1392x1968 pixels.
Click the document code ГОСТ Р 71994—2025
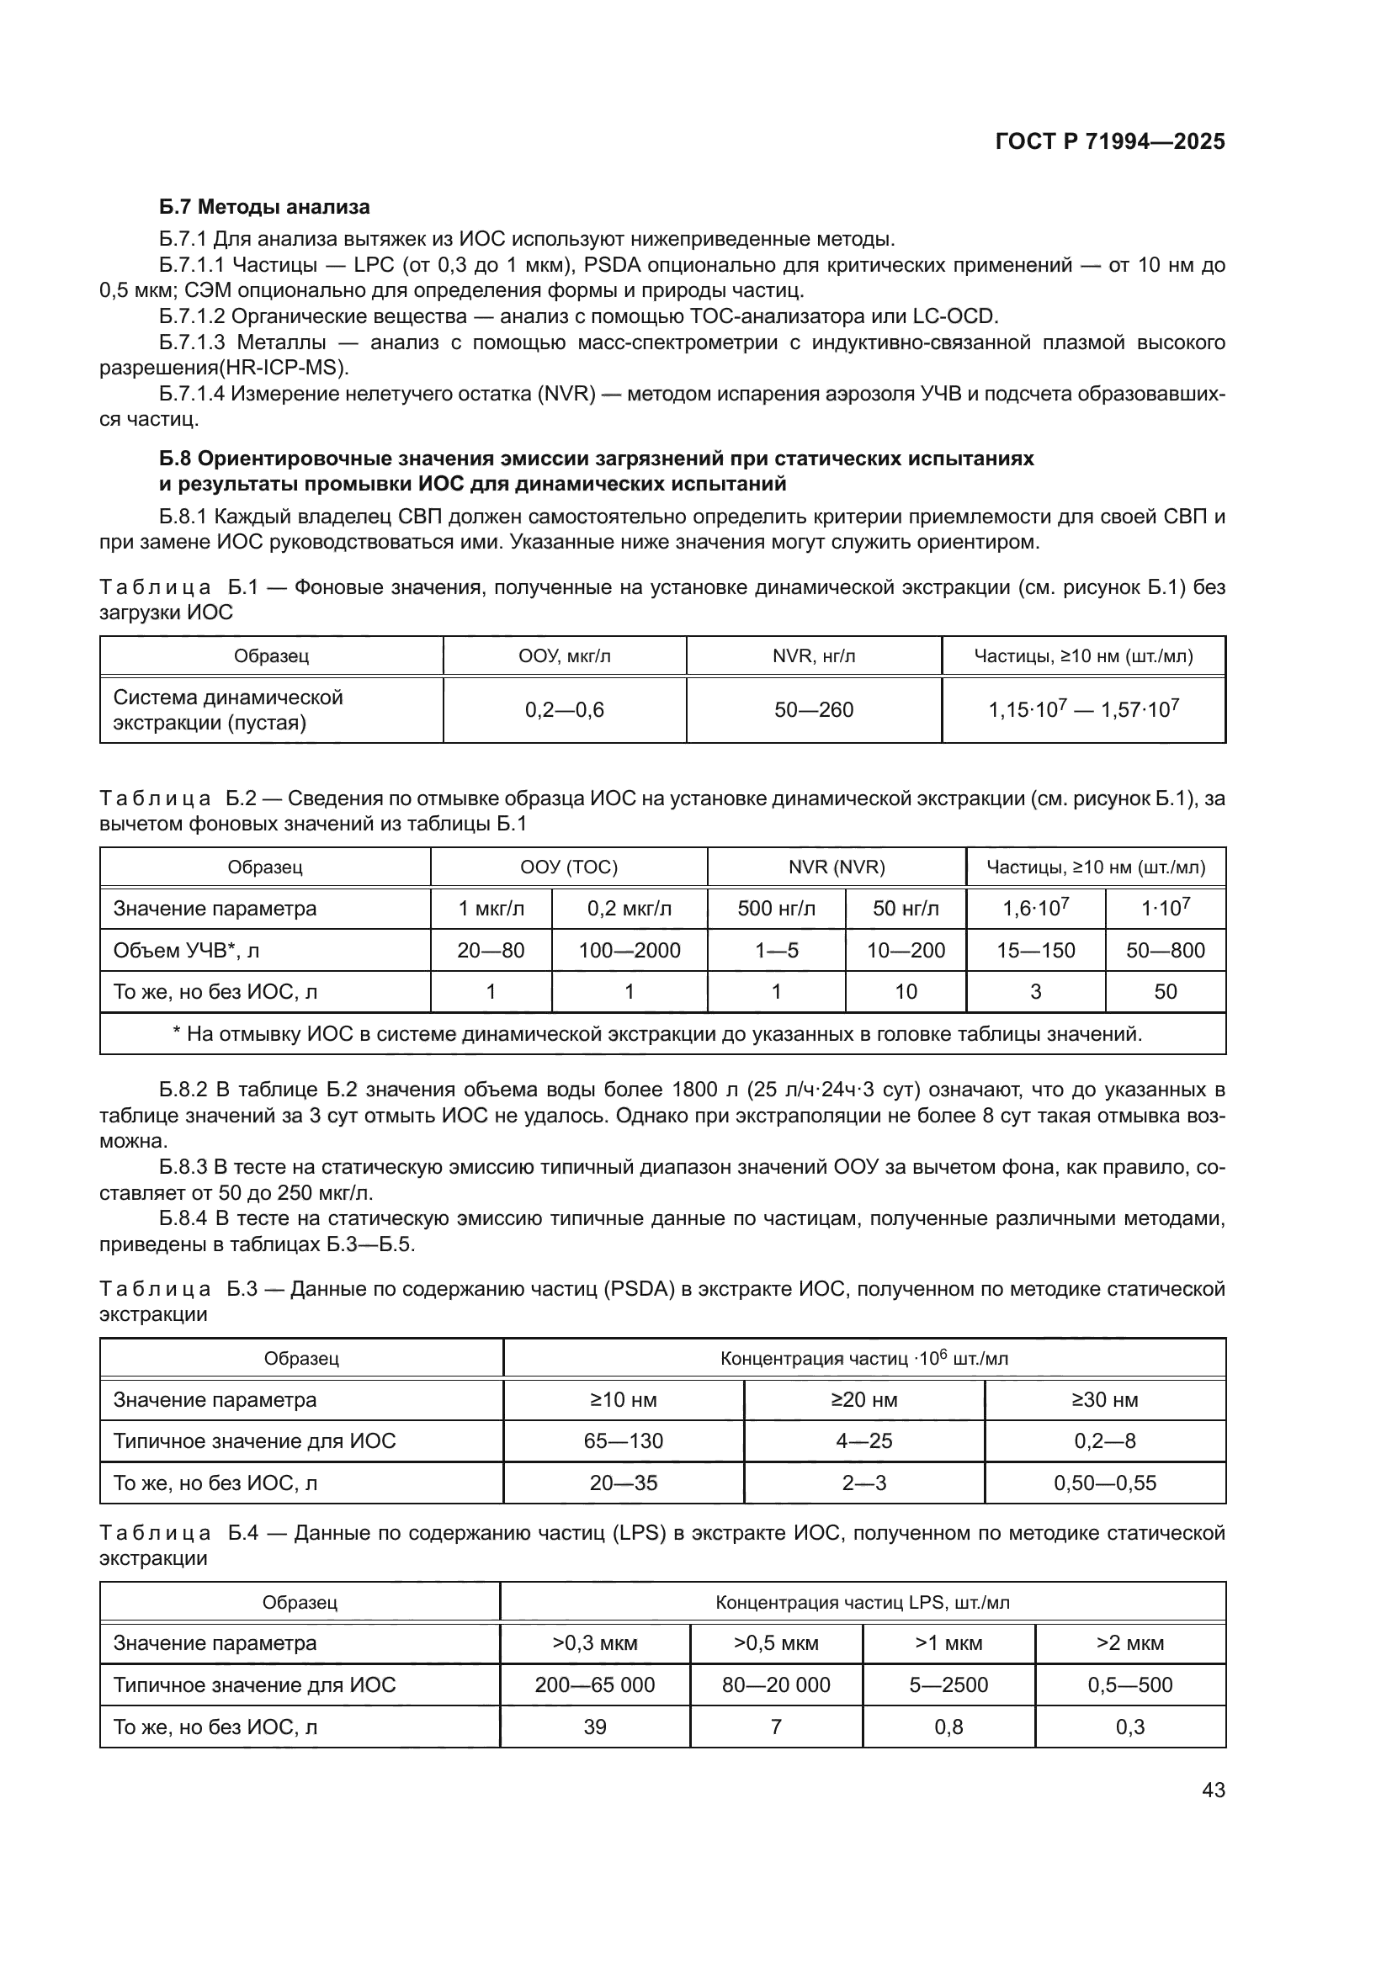click(x=1110, y=142)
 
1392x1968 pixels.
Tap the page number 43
click(x=1213, y=1790)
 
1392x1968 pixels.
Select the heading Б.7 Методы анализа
click(x=264, y=207)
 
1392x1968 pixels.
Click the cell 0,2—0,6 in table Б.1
click(x=564, y=710)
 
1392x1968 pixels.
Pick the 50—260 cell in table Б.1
click(x=814, y=710)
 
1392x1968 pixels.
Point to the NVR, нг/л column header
click(x=814, y=656)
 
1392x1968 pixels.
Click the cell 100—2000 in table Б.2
click(x=630, y=950)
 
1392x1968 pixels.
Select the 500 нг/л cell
click(x=776, y=909)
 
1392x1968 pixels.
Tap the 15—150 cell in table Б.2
click(x=1035, y=950)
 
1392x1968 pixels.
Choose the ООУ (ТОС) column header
click(x=568, y=867)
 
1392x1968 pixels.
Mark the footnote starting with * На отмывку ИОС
click(x=657, y=1034)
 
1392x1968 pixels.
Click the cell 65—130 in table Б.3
click(x=623, y=1440)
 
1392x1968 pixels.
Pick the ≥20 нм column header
click(x=864, y=1400)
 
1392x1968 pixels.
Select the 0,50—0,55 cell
click(x=1105, y=1483)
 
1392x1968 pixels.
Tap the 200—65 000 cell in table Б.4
click(x=595, y=1684)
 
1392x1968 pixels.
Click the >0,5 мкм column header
click(x=776, y=1643)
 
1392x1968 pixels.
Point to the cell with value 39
click(x=595, y=1727)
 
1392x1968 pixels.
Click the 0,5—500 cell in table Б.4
click(x=1129, y=1684)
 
